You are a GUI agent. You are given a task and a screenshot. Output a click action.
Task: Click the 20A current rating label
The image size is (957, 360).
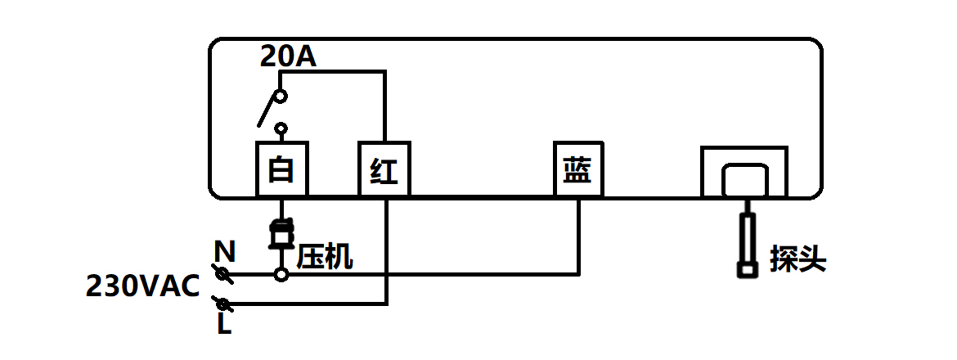288,56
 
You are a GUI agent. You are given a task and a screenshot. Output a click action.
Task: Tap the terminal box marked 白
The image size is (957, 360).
282,169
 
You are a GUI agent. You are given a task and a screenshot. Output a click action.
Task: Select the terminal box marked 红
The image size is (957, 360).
384,169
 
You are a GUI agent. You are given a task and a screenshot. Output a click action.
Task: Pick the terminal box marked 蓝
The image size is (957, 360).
578,169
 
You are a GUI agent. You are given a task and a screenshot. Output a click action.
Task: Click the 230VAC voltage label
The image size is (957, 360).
143,287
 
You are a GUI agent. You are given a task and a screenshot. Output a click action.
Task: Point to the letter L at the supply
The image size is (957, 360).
223,325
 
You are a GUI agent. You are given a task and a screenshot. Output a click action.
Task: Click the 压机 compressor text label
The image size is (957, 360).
325,257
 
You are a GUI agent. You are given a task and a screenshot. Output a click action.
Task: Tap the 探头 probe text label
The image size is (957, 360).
797,260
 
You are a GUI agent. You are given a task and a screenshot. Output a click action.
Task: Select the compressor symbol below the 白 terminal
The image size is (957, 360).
281,234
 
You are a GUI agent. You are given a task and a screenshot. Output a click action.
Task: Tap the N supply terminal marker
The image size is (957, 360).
222,273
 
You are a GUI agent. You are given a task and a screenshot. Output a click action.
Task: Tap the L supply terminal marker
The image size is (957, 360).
222,304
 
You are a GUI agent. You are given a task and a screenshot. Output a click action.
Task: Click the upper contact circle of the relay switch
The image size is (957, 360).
281,97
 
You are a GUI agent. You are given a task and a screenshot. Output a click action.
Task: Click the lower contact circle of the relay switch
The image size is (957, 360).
281,128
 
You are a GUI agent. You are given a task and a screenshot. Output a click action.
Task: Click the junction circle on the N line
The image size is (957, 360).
281,274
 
